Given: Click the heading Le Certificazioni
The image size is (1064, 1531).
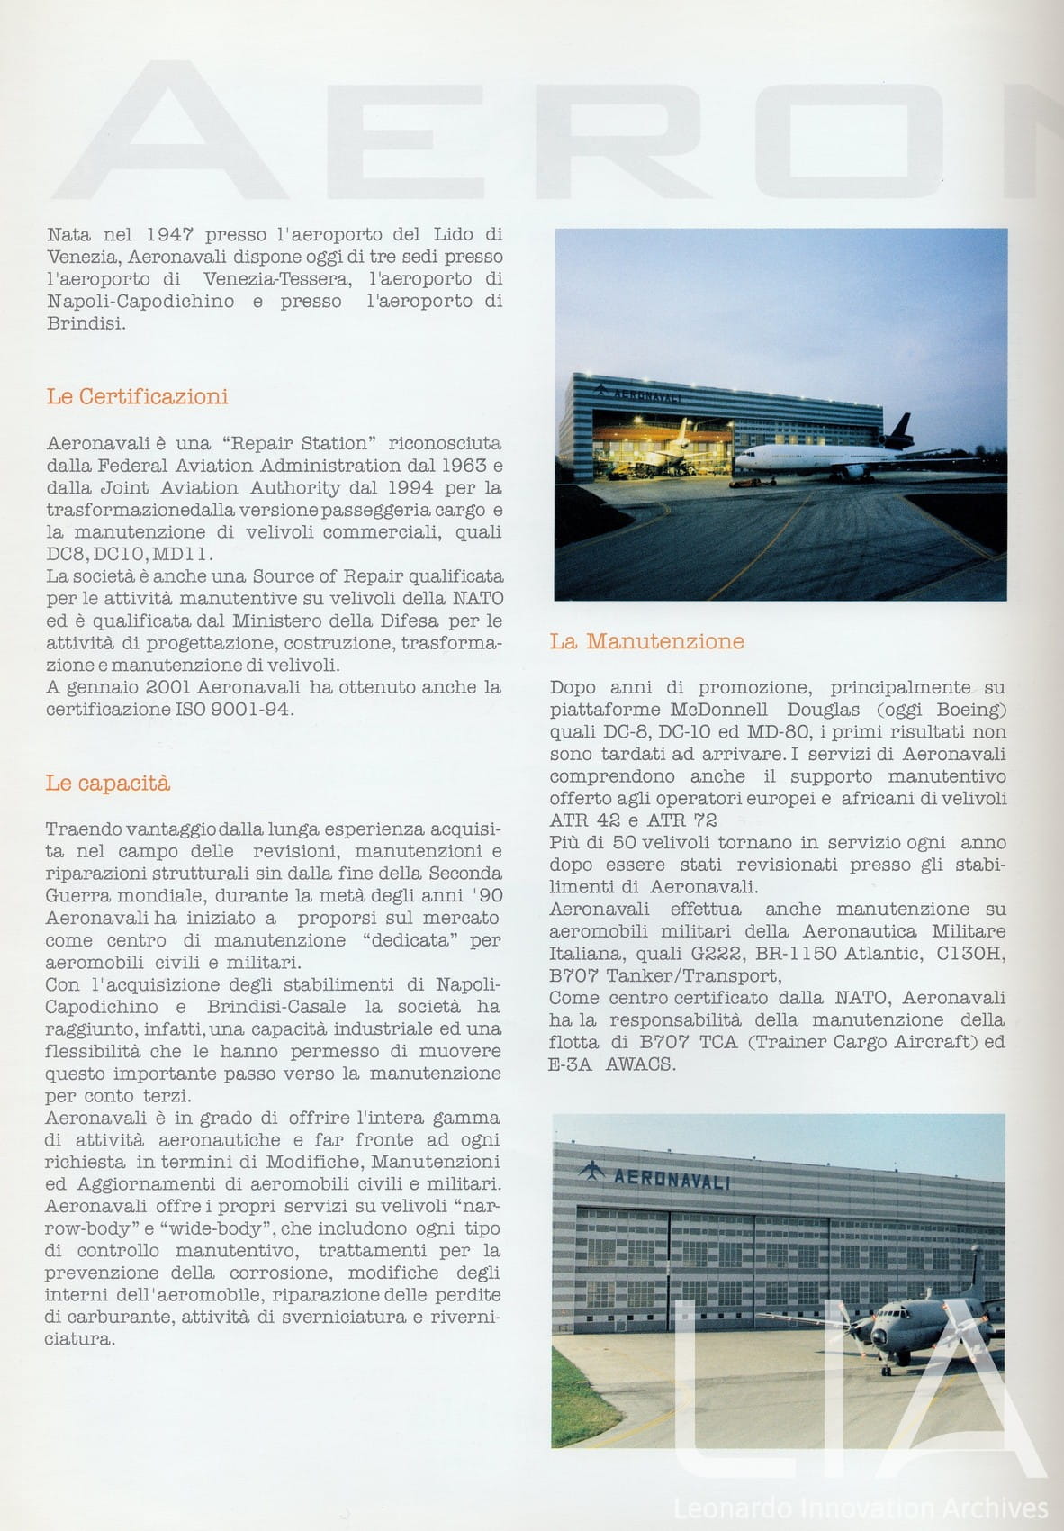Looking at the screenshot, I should (137, 396).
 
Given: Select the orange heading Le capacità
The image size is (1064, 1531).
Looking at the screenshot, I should (107, 783).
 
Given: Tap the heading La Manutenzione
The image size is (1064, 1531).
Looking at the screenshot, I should (646, 641).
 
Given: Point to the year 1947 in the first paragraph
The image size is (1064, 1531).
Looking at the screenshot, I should (169, 235).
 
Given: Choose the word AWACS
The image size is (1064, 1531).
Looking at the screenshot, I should (639, 1064).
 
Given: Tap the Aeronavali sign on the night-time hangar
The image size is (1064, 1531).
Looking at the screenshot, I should (645, 395).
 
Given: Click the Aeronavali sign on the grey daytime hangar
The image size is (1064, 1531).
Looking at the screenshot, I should (671, 1180).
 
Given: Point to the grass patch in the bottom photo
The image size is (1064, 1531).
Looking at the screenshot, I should (581, 1405).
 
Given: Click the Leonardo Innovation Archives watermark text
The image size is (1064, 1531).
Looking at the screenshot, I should (861, 1508).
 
